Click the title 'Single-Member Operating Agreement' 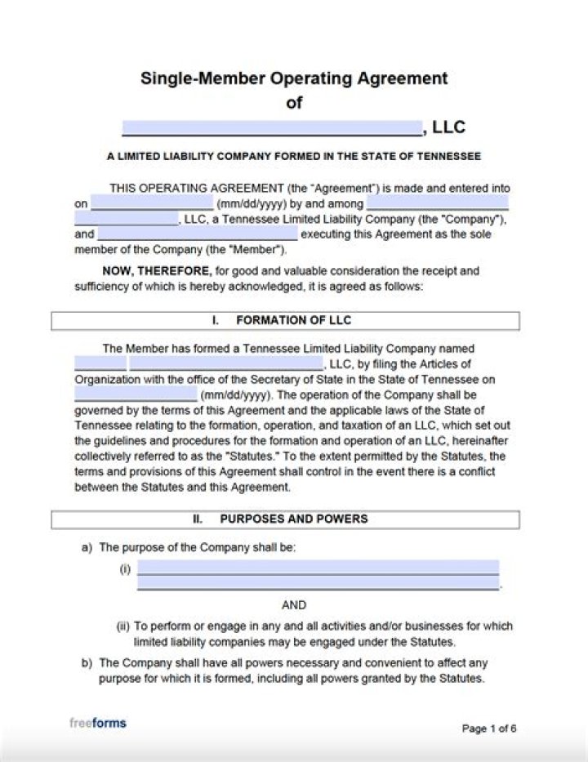pyautogui.click(x=294, y=78)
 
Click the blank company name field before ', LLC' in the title pyautogui.click(x=273, y=127)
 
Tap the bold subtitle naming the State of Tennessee pyautogui.click(x=294, y=156)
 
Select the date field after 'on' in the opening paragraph pyautogui.click(x=152, y=203)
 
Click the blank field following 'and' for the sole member pyautogui.click(x=198, y=234)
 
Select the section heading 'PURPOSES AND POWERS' pyautogui.click(x=293, y=519)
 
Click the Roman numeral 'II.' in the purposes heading pyautogui.click(x=198, y=519)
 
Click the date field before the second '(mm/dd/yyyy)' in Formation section pyautogui.click(x=136, y=394)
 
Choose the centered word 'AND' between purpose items pyautogui.click(x=294, y=605)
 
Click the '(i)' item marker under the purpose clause pyautogui.click(x=125, y=569)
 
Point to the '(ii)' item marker pyautogui.click(x=123, y=626)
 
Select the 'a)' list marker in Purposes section pyautogui.click(x=86, y=548)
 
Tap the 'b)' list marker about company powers pyautogui.click(x=86, y=663)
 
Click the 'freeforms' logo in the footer pyautogui.click(x=98, y=723)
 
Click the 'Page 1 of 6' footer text pyautogui.click(x=489, y=729)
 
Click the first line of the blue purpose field pyautogui.click(x=318, y=568)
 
